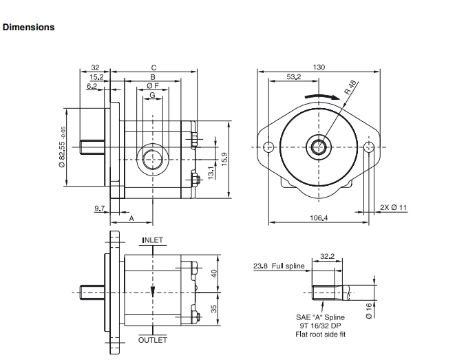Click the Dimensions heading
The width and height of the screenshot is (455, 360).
(28, 28)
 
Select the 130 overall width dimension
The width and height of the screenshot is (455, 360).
(319, 67)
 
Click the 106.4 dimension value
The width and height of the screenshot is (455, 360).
(319, 218)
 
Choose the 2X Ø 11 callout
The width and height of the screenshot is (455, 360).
(394, 207)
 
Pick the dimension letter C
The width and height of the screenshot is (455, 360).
(154, 67)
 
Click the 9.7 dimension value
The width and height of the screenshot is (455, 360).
(99, 207)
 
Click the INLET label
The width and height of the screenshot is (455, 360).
(153, 240)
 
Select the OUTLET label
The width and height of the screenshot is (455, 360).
(153, 340)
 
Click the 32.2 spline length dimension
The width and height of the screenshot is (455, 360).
(327, 257)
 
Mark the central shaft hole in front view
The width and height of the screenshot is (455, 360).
(319, 146)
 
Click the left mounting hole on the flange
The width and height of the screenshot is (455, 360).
(268, 146)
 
